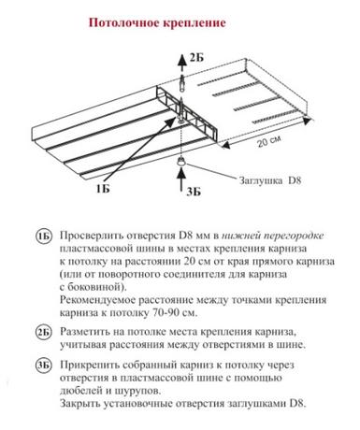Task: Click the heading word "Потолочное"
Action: coord(123,22)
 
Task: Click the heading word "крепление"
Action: coord(194,23)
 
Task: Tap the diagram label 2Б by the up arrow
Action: coord(196,58)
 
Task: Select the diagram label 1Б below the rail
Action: coord(103,189)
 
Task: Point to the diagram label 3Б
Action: coord(194,192)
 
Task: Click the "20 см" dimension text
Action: coord(269,141)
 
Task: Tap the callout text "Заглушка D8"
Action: coord(270,180)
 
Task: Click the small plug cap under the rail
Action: coord(180,162)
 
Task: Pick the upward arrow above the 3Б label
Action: coord(180,179)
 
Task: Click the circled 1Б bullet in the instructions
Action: coord(43,236)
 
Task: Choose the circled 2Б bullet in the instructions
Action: coord(43,333)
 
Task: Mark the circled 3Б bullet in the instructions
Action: coord(43,365)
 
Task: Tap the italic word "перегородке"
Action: coord(294,236)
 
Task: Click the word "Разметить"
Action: coord(84,332)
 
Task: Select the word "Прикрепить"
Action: coord(88,365)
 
